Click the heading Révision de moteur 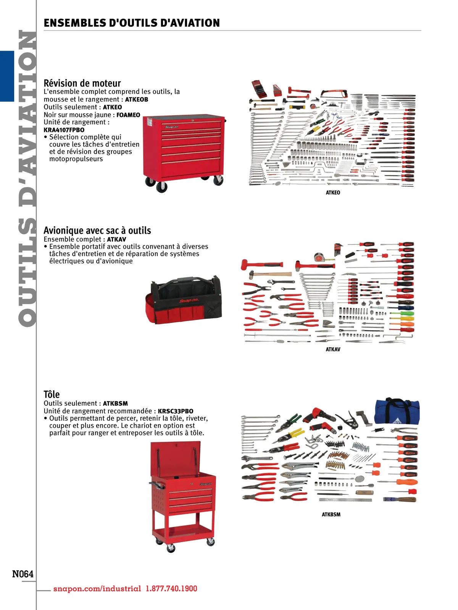click(82, 83)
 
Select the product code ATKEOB click(137, 100)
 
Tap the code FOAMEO click(128, 115)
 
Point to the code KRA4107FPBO click(64, 130)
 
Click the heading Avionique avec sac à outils click(97, 231)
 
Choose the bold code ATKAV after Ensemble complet click(116, 239)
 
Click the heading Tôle click(52, 394)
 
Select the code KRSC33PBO click(176, 411)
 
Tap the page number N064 click(23, 574)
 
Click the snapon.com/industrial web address click(97, 589)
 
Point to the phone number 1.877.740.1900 click(171, 589)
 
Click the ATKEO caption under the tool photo click(333, 193)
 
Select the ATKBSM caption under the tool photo click(331, 514)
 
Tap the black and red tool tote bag click(183, 299)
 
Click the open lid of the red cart click(176, 457)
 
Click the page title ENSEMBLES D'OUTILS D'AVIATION click(132, 23)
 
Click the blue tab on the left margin click(7, 76)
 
